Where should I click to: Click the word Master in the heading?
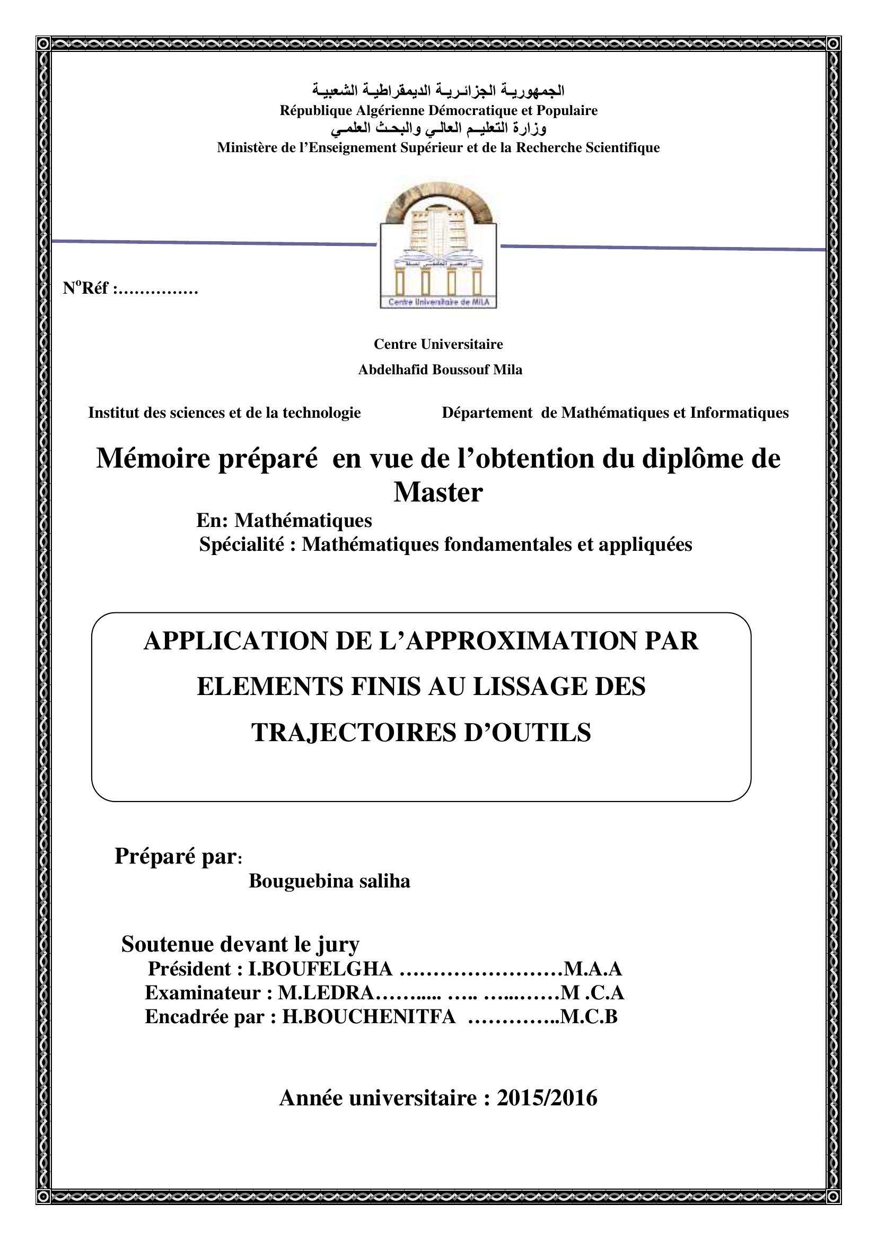coord(438,492)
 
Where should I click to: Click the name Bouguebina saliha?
coord(329,881)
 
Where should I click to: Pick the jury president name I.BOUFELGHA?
coord(320,969)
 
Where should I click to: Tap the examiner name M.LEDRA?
coord(325,992)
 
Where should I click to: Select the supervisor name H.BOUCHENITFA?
coord(369,1016)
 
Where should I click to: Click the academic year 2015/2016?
coord(547,1098)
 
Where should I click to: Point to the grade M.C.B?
coord(589,1016)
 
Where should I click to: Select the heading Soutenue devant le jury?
coord(240,944)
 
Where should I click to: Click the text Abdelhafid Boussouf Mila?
coord(440,370)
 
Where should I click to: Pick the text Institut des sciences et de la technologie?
coord(224,412)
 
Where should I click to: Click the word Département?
coord(487,412)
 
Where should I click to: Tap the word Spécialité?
coord(242,544)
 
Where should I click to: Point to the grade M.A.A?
coord(592,969)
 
